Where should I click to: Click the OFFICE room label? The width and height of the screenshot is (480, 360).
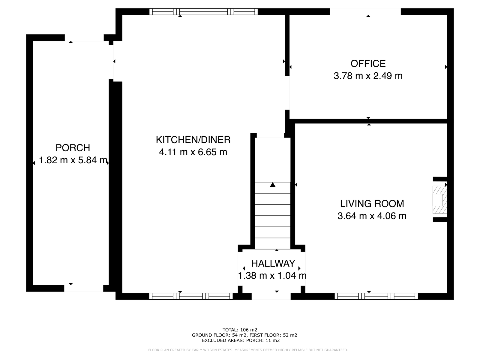[x=368, y=64]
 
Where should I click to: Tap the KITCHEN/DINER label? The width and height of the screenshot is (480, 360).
[x=193, y=140]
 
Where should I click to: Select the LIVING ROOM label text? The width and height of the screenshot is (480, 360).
[x=372, y=204]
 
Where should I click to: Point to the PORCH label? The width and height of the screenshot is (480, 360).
[x=73, y=148]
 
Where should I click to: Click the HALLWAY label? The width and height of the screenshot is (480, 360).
[x=273, y=264]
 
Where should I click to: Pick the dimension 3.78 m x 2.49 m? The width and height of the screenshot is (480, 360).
[x=368, y=76]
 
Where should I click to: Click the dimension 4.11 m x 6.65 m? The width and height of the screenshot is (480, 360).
[x=193, y=152]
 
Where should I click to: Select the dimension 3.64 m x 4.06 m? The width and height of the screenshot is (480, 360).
[x=372, y=216]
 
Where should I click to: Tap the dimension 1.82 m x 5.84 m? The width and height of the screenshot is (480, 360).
[x=73, y=160]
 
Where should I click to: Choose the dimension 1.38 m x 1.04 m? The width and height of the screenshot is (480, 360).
[x=272, y=276]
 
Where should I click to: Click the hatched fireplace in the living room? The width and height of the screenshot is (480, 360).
[x=439, y=200]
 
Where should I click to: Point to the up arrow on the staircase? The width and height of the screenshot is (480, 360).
[x=272, y=185]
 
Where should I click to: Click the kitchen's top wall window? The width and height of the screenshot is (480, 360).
[x=203, y=12]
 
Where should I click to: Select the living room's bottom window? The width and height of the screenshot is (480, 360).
[x=376, y=296]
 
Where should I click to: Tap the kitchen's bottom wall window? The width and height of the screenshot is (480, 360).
[x=191, y=296]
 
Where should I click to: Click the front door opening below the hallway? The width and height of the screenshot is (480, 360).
[x=271, y=296]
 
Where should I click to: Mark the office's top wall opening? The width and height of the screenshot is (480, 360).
[x=365, y=12]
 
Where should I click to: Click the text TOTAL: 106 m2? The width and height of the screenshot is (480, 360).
[x=240, y=330]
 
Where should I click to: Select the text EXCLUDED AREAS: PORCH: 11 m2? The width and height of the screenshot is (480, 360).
[x=241, y=340]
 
